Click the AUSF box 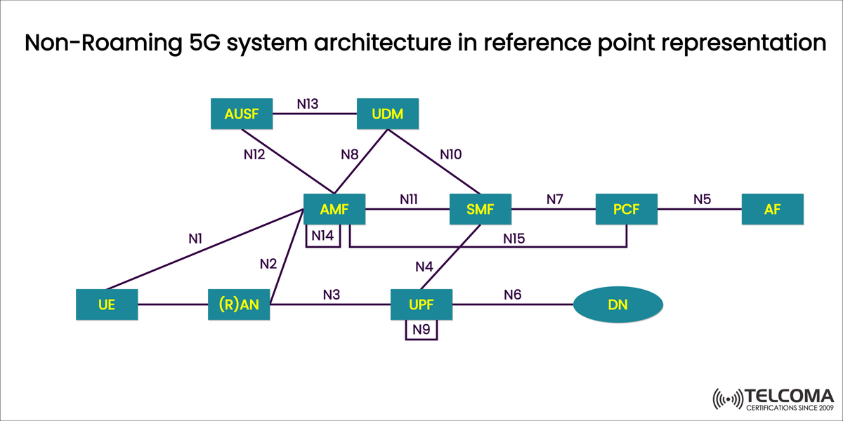tap(242, 114)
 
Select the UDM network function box tap(387, 114)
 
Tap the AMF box tap(334, 209)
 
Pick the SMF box tap(480, 209)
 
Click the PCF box tap(626, 209)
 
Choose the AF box tap(772, 209)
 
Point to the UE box tap(107, 305)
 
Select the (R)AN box tap(239, 305)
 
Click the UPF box tap(421, 305)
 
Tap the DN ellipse tap(618, 305)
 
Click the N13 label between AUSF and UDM tap(307, 104)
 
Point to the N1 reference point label tap(196, 239)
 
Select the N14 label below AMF tap(322, 236)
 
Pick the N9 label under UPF tap(421, 330)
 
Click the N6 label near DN tap(513, 294)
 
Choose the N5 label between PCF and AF tap(702, 199)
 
